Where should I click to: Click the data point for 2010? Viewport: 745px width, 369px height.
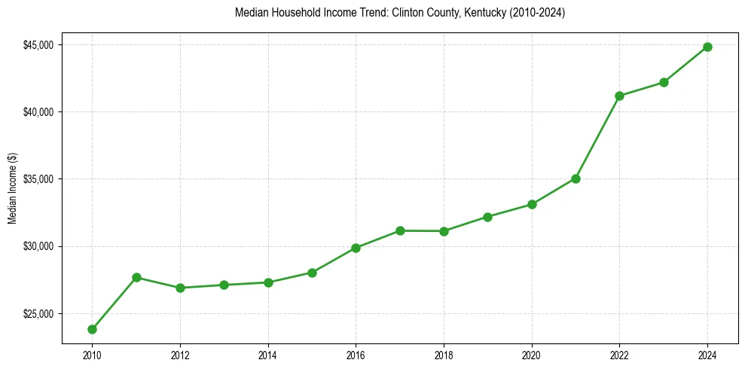(92, 329)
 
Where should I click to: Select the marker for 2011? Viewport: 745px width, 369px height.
(136, 277)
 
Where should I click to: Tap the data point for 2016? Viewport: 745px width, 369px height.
(356, 248)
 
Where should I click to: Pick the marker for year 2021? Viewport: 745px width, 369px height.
(576, 178)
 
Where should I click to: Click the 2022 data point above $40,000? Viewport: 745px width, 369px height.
(619, 96)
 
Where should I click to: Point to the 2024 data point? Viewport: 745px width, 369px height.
(707, 47)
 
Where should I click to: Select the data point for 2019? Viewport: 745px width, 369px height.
(487, 217)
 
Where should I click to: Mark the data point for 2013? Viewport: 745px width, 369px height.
(224, 285)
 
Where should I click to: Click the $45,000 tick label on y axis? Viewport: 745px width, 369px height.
(38, 45)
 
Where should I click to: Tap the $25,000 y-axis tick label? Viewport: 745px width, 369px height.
(38, 314)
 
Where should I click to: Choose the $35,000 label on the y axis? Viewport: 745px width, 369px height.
(38, 179)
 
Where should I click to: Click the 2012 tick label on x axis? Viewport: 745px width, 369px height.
(180, 355)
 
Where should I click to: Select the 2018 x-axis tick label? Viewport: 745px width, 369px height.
(444, 355)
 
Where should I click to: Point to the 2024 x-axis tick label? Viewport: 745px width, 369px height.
(707, 355)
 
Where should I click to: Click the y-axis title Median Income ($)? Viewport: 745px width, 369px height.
(12, 188)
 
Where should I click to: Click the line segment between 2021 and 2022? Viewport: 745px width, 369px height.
(597, 137)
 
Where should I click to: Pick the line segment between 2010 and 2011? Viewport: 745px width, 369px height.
(114, 303)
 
